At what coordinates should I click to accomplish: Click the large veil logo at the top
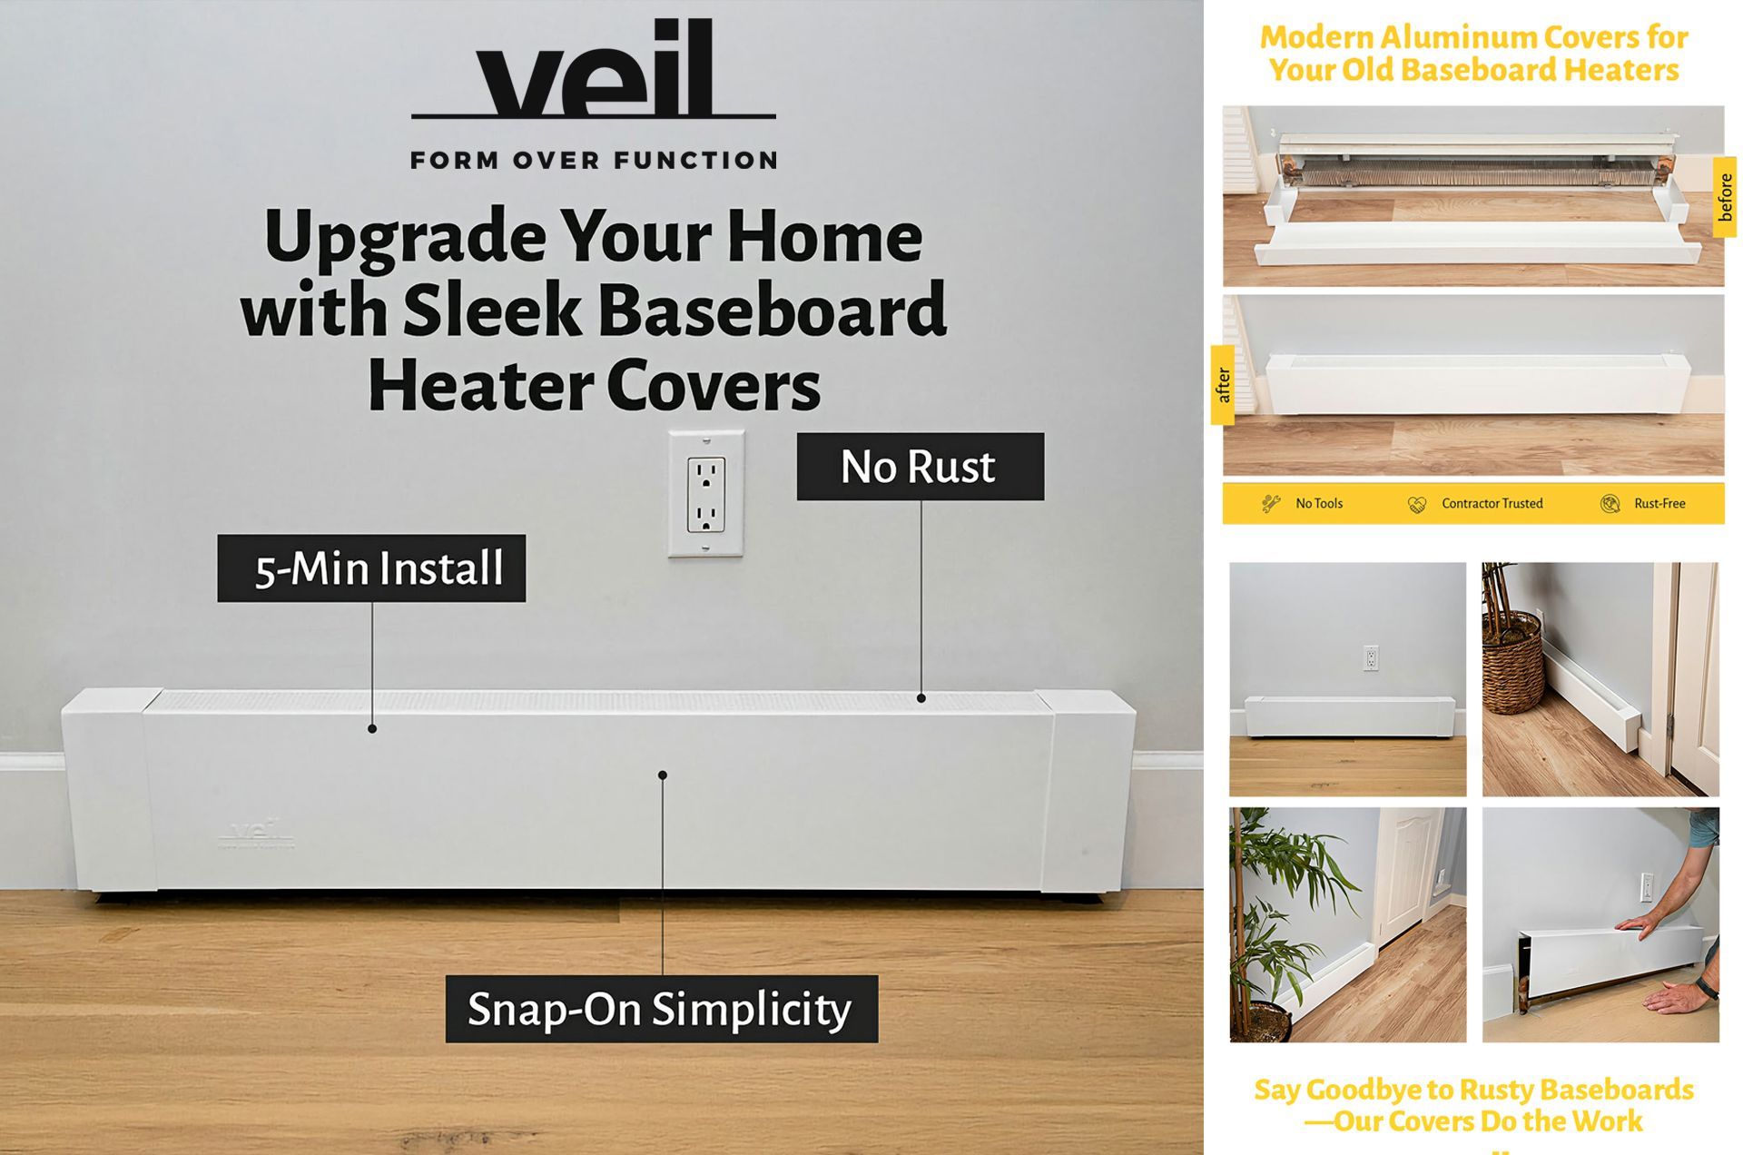tap(594, 69)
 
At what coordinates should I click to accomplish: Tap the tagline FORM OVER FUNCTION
tap(594, 161)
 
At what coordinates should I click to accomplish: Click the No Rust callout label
tap(921, 466)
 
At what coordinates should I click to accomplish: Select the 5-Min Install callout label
tap(371, 568)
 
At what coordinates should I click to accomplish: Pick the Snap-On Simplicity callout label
tap(662, 1008)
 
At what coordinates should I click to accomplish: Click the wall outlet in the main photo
tap(706, 493)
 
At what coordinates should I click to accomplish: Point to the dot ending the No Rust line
tap(921, 698)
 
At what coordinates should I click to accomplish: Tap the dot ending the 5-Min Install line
tap(372, 728)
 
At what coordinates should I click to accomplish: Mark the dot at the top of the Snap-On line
tap(663, 775)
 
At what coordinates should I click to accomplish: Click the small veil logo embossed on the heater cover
tap(257, 834)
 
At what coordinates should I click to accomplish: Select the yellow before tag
tap(1725, 197)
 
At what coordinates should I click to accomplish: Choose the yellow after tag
tap(1223, 385)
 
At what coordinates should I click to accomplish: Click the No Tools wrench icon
tap(1271, 503)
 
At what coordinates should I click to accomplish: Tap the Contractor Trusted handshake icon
tap(1417, 504)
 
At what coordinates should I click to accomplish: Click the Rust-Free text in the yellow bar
tap(1659, 503)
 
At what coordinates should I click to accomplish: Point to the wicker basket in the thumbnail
tap(1512, 661)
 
